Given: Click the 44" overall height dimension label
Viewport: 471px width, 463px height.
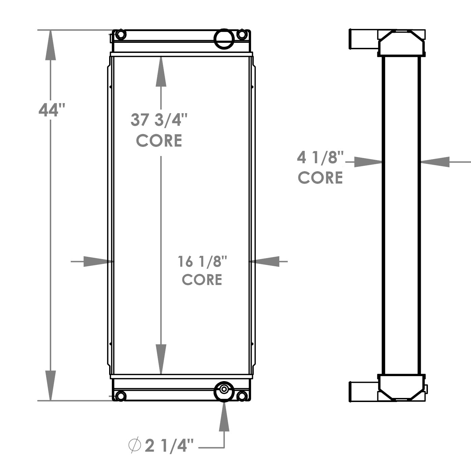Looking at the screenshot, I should click(x=51, y=110).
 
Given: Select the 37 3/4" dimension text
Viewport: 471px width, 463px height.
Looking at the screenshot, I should click(x=159, y=120).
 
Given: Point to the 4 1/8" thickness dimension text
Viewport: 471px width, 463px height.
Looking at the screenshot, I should click(x=320, y=158).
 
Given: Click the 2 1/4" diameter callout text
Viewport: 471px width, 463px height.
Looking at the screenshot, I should click(x=169, y=446).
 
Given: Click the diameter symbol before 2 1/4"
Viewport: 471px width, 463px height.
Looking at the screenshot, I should click(x=134, y=445).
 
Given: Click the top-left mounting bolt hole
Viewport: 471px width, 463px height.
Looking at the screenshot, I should click(x=120, y=35).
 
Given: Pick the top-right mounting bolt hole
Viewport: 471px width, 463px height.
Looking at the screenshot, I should click(x=242, y=34).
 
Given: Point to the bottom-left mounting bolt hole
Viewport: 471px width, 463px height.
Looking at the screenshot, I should click(x=120, y=396).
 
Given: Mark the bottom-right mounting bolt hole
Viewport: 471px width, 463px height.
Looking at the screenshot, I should click(x=242, y=396).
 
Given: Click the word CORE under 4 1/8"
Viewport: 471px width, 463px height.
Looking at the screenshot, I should click(x=320, y=178).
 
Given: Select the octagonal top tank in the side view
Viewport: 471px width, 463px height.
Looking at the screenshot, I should click(x=401, y=42).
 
